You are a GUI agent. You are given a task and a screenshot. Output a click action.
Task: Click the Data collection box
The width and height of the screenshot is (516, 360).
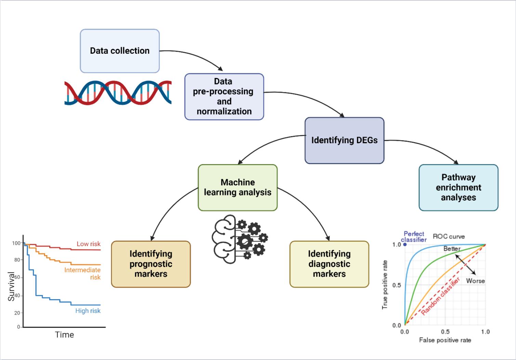[x=120, y=51]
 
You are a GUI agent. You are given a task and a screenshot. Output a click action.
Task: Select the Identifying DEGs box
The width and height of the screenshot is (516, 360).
[x=344, y=141]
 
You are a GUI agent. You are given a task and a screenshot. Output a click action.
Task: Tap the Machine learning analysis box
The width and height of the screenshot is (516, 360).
[x=238, y=187]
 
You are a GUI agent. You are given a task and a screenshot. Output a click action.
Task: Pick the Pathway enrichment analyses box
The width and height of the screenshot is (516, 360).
[x=458, y=187]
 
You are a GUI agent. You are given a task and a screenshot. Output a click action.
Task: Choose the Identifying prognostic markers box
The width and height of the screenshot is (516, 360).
[x=151, y=264]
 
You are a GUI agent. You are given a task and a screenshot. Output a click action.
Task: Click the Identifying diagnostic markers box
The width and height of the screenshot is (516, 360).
[x=329, y=264]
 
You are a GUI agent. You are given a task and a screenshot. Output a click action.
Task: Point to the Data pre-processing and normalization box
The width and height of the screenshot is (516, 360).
[x=224, y=96]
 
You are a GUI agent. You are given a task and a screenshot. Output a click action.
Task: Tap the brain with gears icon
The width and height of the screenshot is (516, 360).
[x=239, y=239]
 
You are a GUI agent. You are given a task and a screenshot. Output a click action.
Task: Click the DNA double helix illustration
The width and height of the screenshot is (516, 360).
[x=118, y=93]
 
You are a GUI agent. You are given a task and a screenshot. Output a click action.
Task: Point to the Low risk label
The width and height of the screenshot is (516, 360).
[x=89, y=244]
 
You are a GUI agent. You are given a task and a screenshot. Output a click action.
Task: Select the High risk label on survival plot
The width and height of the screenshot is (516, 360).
[x=88, y=311]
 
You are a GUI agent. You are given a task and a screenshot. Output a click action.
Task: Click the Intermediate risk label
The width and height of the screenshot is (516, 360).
[x=83, y=274]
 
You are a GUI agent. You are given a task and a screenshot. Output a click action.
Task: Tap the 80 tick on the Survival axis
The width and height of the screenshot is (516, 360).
[x=17, y=260]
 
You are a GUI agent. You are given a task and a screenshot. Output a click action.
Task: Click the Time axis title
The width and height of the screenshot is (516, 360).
[x=64, y=335]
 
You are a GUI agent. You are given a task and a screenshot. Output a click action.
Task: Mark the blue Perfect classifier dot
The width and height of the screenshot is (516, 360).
[x=405, y=244]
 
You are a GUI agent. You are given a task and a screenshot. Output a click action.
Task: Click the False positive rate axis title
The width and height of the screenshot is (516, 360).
[x=445, y=340]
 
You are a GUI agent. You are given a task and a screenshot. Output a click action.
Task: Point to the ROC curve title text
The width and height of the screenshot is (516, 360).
[x=449, y=236]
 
